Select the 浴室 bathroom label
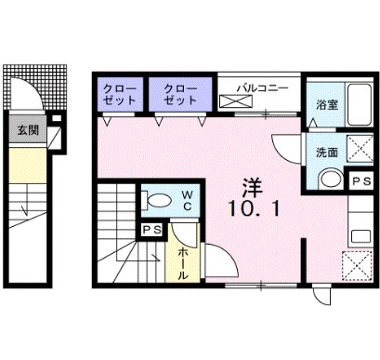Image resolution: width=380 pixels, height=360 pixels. pyautogui.click(x=326, y=104)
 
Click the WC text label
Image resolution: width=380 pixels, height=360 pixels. pyautogui.click(x=187, y=200)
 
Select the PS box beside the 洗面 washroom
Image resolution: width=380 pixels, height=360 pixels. pyautogui.click(x=360, y=181)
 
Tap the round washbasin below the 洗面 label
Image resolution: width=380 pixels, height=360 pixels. pyautogui.click(x=327, y=180)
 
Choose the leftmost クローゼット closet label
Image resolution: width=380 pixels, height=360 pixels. pyautogui.click(x=119, y=93)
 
